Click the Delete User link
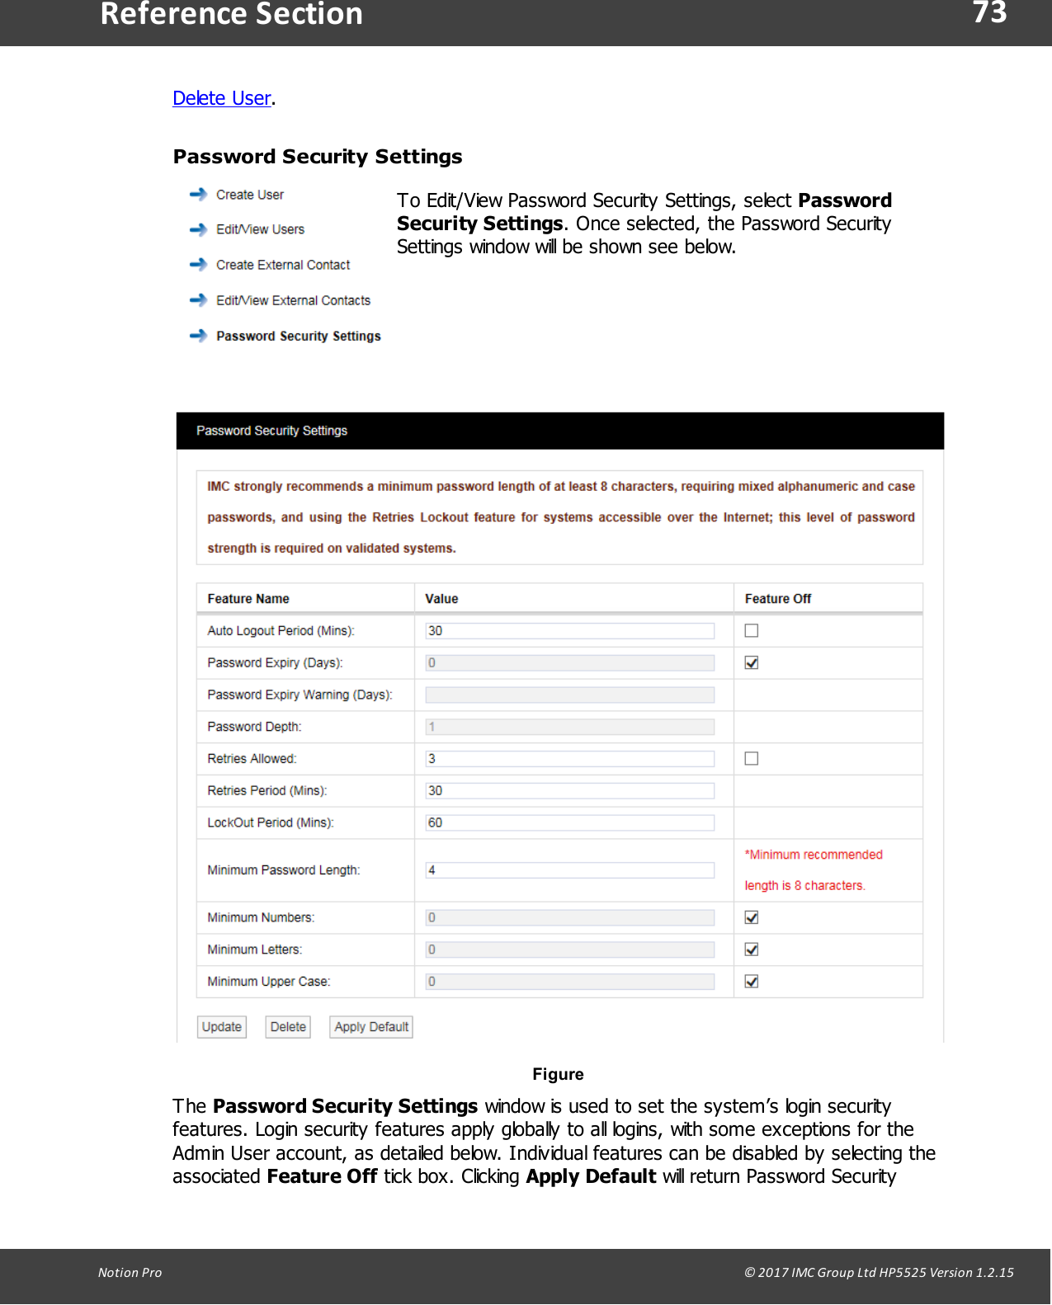tap(222, 98)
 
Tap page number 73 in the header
tap(988, 13)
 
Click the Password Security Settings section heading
tap(317, 157)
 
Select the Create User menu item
tap(249, 195)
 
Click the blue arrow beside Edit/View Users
tap(198, 229)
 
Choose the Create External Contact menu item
tap(282, 265)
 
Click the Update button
tap(222, 1027)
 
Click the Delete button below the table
tap(288, 1027)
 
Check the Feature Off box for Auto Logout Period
tap(751, 631)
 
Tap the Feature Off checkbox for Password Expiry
tap(751, 662)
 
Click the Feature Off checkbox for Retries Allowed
tap(751, 759)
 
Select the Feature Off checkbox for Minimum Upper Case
tap(751, 982)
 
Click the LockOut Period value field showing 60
tap(569, 822)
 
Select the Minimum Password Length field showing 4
tap(569, 870)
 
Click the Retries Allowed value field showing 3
tap(569, 759)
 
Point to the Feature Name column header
tap(248, 599)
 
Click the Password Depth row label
tap(254, 727)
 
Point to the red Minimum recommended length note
tap(813, 870)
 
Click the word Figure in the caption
tap(558, 1074)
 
